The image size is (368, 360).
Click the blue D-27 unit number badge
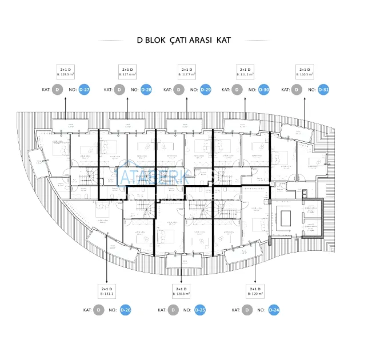pyautogui.click(x=84, y=90)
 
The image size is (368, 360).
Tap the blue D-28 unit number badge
pyautogui.click(x=146, y=90)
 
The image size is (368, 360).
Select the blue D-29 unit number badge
pyautogui.click(x=205, y=90)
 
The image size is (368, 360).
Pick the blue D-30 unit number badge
pyautogui.click(x=263, y=90)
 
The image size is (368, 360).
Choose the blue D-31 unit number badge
pyautogui.click(x=323, y=90)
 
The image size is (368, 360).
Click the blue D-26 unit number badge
pyautogui.click(x=125, y=310)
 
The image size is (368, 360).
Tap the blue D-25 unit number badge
pyautogui.click(x=200, y=310)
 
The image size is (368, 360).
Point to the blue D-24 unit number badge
pyautogui.click(x=274, y=310)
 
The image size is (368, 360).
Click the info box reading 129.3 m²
pyautogui.click(x=65, y=72)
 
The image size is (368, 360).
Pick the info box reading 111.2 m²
pyautogui.click(x=246, y=72)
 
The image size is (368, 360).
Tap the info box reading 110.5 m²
pyautogui.click(x=305, y=72)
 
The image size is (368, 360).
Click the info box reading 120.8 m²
pyautogui.click(x=181, y=291)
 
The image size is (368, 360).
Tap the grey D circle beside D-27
pyautogui.click(x=57, y=90)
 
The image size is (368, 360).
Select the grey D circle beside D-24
pyautogui.click(x=247, y=310)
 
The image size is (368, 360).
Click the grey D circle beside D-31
pyautogui.click(x=297, y=90)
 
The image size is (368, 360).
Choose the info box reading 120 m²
pyautogui.click(x=255, y=291)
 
